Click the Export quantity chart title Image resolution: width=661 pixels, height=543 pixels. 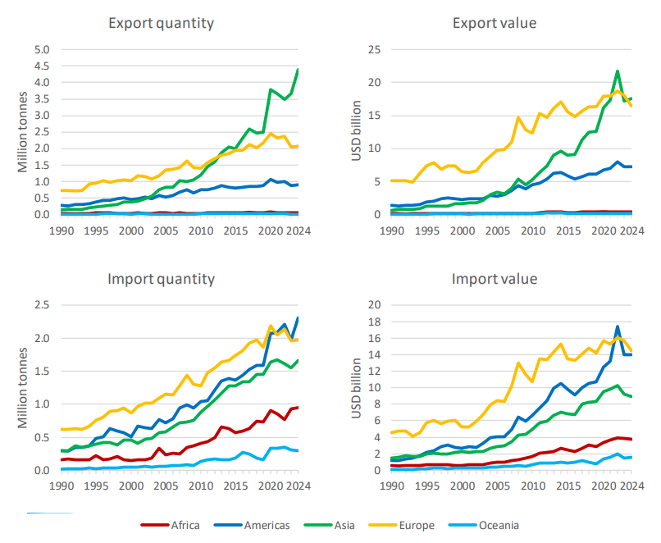pyautogui.click(x=161, y=23)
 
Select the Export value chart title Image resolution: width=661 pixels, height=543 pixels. pyautogui.click(x=495, y=23)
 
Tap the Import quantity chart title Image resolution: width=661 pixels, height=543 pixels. pyautogui.click(x=161, y=279)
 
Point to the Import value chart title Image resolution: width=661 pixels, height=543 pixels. pyautogui.click(x=495, y=279)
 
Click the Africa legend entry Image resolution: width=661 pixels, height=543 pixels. pyautogui.click(x=170, y=525)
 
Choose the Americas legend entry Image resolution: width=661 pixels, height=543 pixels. pyautogui.click(x=252, y=525)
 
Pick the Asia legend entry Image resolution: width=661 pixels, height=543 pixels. pyautogui.click(x=329, y=525)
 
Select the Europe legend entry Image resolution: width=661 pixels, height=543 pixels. pyautogui.click(x=401, y=525)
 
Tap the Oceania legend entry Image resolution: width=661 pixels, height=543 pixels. pyautogui.click(x=483, y=525)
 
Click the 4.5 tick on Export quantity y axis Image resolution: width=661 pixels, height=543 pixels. pyautogui.click(x=42, y=66)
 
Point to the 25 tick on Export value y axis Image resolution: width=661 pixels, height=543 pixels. pyautogui.click(x=374, y=50)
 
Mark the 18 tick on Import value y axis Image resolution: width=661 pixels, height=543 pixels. pyautogui.click(x=374, y=322)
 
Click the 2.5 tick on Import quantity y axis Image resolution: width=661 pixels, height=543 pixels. pyautogui.click(x=42, y=305)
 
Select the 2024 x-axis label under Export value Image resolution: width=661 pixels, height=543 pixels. pyautogui.click(x=631, y=231)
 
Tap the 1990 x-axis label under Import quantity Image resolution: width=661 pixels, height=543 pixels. pyautogui.click(x=62, y=486)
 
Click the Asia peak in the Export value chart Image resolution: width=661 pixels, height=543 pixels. pyautogui.click(x=618, y=71)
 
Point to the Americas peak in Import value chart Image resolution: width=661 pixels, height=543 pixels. pyautogui.click(x=618, y=326)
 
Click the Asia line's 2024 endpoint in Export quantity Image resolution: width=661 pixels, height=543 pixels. pyautogui.click(x=298, y=70)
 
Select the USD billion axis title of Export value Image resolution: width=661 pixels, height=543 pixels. pyautogui.click(x=357, y=130)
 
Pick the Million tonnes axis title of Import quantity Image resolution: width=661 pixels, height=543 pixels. pyautogui.click(x=23, y=387)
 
